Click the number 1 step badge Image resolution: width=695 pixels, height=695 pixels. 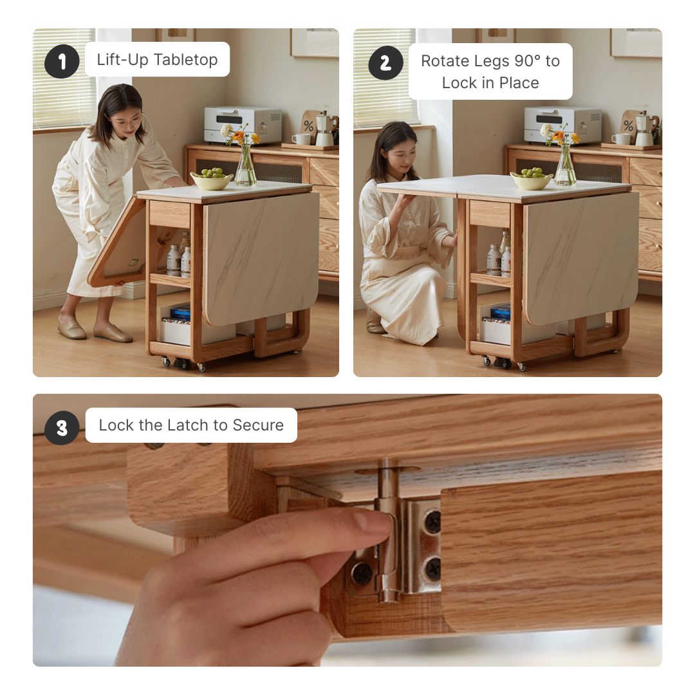click(x=62, y=61)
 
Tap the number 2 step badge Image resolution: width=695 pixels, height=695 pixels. click(x=385, y=63)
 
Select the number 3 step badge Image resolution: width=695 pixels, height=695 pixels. click(x=62, y=428)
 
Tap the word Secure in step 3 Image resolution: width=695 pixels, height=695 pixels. click(x=258, y=425)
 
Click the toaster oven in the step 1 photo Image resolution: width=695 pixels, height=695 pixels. click(x=243, y=125)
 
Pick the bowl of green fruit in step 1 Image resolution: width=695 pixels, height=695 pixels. click(x=212, y=179)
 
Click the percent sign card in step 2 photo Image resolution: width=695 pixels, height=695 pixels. click(x=628, y=125)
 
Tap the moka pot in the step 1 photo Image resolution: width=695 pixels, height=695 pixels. click(x=326, y=128)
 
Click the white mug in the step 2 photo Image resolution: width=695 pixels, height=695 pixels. click(x=622, y=139)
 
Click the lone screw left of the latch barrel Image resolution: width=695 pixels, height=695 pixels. click(x=362, y=573)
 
